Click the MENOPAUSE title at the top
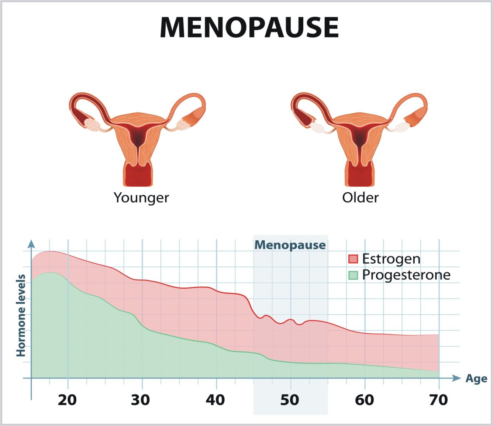coord(249,27)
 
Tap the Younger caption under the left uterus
coord(141,198)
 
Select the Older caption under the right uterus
coord(360,198)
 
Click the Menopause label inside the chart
coord(290,245)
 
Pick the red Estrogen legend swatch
coord(353,259)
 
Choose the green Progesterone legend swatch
coord(353,275)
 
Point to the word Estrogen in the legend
coord(391,259)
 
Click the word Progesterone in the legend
coord(406,275)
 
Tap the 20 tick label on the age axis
coord(67,400)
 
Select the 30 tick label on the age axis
coord(141,400)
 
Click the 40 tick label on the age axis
coord(215,400)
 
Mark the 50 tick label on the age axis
coord(290,400)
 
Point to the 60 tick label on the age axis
coord(364,400)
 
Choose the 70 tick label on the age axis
coord(438,400)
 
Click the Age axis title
coord(476,379)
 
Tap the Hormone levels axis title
coord(21,315)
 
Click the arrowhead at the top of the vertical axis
coord(31,244)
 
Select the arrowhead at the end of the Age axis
coord(456,378)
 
